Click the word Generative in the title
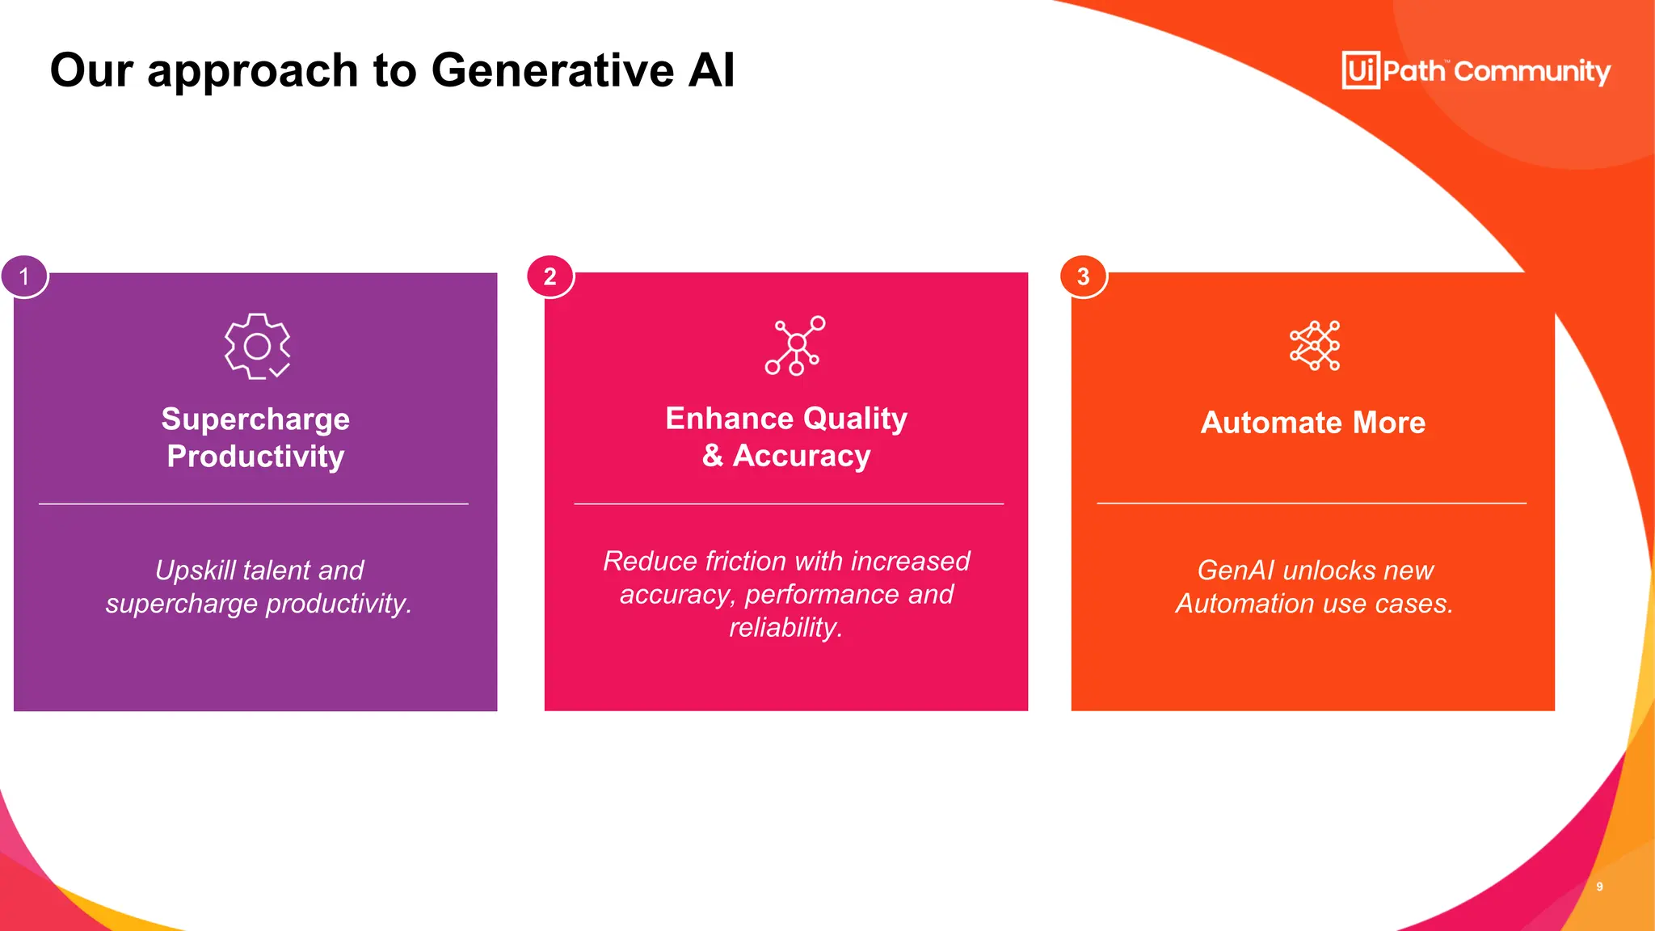pos(554,70)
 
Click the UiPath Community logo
pos(1476,70)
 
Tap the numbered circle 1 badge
pos(24,276)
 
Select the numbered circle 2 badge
pos(550,276)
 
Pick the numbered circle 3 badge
pos(1083,276)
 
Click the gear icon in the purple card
pos(257,346)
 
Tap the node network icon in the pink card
pos(795,345)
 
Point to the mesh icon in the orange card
pos(1315,345)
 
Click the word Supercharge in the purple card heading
pos(255,419)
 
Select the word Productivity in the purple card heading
pos(255,457)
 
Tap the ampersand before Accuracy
pos(712,455)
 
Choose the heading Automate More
pos(1312,423)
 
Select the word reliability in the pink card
pos(785,627)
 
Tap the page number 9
pos(1599,887)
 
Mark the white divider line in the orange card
pos(1311,503)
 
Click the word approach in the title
pos(253,70)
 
